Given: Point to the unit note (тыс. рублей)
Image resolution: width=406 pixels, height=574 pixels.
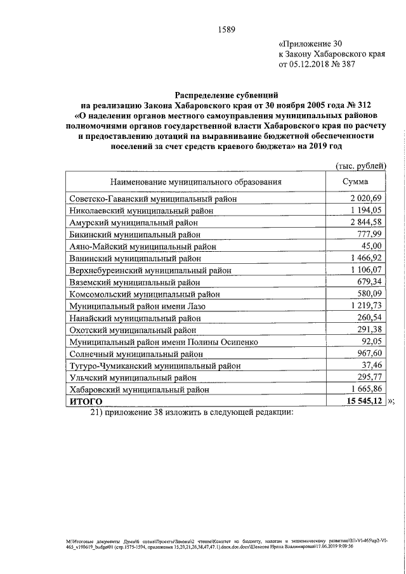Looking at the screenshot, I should pos(360,166).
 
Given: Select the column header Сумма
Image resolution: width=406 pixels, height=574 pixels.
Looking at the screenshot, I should pos(355,182).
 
